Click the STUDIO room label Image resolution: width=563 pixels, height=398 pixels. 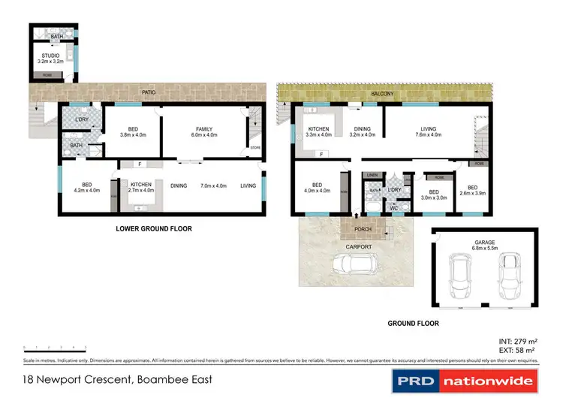pyautogui.click(x=50, y=57)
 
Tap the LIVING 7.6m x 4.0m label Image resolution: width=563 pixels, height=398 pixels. pyautogui.click(x=428, y=132)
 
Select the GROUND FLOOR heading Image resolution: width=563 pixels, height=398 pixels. pyautogui.click(x=413, y=324)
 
